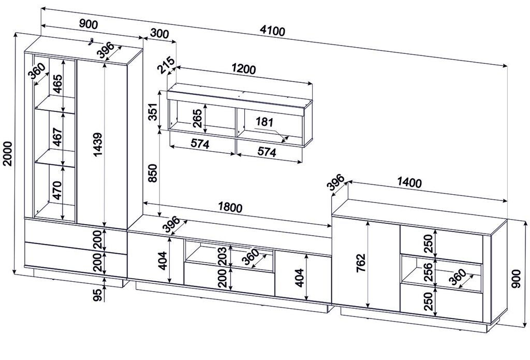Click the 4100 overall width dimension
pos(272,31)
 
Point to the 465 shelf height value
pos(58,84)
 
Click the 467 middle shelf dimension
pos(58,136)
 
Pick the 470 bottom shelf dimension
pos(57,190)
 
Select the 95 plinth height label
pos(97,295)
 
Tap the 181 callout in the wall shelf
pos(264,122)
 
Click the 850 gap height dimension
pos(153,173)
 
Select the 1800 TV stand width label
pos(230,207)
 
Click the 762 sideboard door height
pos(361,262)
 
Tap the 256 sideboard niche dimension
pos(428,272)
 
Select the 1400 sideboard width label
pos(409,183)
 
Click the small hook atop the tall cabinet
pos(91,41)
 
